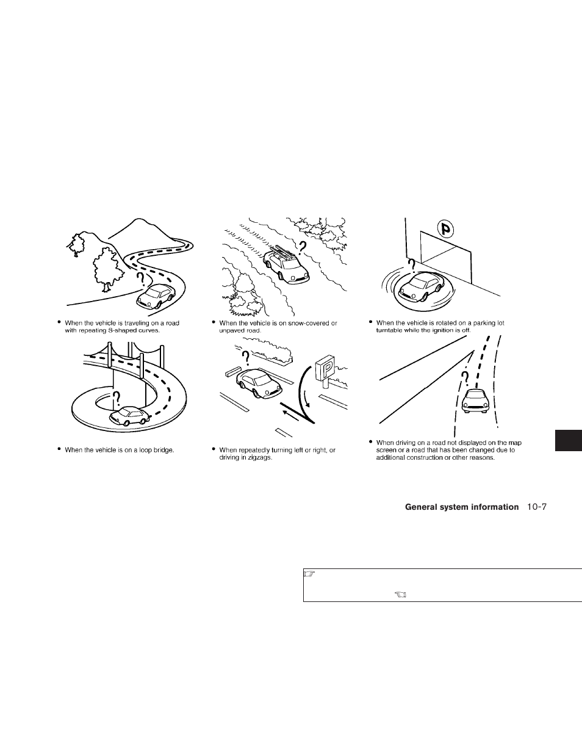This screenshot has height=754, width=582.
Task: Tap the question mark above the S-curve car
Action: (142, 279)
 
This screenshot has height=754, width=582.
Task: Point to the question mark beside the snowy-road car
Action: (303, 247)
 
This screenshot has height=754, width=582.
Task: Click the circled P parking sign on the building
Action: (447, 229)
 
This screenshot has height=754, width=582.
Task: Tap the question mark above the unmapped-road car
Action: (467, 379)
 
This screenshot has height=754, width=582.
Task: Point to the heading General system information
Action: (461, 507)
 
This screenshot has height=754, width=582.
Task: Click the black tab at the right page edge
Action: (569, 440)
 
